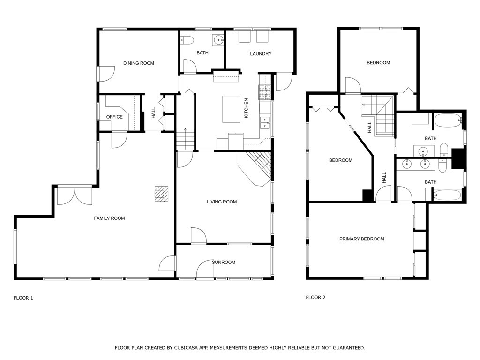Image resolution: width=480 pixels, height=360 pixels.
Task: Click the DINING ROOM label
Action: pyautogui.click(x=139, y=63)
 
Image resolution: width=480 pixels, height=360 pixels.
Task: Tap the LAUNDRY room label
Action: pyautogui.click(x=261, y=53)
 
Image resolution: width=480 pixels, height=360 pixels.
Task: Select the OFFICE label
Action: pyautogui.click(x=114, y=117)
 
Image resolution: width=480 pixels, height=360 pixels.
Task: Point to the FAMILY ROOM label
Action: pyautogui.click(x=109, y=218)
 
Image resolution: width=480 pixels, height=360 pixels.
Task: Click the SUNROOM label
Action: pyautogui.click(x=224, y=262)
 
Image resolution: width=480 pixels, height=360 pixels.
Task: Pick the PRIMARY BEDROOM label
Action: pyautogui.click(x=362, y=239)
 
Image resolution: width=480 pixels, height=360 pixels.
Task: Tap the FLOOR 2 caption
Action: pyautogui.click(x=315, y=297)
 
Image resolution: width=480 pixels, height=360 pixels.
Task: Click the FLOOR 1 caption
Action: pyautogui.click(x=23, y=298)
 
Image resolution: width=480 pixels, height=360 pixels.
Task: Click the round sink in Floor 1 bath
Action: pyautogui.click(x=218, y=39)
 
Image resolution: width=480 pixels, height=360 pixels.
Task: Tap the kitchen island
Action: pyautogui.click(x=232, y=109)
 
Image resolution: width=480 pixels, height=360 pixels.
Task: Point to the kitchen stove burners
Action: pyautogui.click(x=265, y=92)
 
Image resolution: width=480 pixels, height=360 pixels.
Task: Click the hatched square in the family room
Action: pyautogui.click(x=161, y=194)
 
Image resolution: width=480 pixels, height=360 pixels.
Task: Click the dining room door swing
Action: pyautogui.click(x=106, y=74)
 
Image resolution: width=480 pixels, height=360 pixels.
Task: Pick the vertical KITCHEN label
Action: pyautogui.click(x=246, y=108)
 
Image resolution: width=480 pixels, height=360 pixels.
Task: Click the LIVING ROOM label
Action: pyautogui.click(x=222, y=202)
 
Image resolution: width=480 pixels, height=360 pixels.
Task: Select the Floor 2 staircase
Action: pyautogui.click(x=378, y=115)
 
